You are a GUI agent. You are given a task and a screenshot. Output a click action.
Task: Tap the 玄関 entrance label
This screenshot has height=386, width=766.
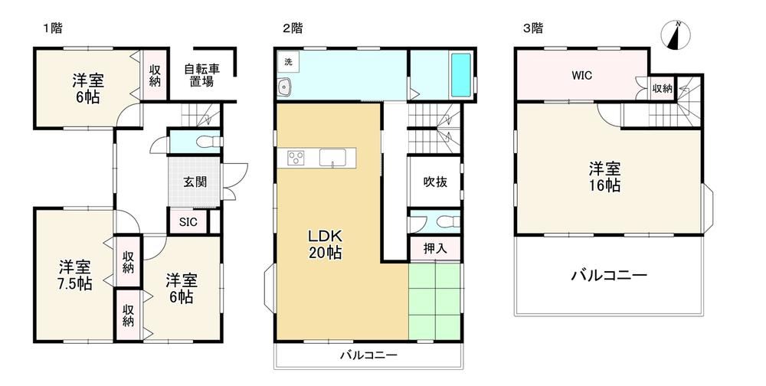(195, 182)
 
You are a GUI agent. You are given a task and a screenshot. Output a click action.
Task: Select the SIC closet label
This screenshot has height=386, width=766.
(188, 222)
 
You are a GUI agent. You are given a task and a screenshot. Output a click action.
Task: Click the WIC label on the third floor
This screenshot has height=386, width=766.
(582, 76)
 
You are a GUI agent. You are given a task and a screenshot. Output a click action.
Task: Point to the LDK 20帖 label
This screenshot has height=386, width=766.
(324, 244)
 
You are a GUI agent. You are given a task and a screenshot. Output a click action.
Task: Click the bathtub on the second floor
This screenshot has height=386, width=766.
(460, 75)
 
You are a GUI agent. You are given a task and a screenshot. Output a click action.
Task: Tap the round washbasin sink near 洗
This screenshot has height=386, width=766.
(284, 87)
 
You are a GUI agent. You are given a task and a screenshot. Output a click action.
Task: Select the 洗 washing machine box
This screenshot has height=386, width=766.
(288, 62)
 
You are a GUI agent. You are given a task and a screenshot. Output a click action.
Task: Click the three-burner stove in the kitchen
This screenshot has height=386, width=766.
(296, 158)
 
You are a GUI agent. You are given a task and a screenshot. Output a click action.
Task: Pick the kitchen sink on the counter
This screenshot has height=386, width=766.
(332, 157)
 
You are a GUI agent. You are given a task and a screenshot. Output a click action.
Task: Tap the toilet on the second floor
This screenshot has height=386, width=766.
(447, 222)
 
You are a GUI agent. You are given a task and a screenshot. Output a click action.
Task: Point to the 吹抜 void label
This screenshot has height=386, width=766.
(435, 182)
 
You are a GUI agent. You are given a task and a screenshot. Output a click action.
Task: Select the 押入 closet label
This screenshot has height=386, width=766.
(435, 249)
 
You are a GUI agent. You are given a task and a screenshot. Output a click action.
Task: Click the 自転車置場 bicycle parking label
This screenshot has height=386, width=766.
(201, 75)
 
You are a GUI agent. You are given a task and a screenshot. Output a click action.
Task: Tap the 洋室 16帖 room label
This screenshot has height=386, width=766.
(604, 178)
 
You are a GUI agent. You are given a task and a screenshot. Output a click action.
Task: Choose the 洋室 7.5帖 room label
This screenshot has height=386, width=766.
(75, 276)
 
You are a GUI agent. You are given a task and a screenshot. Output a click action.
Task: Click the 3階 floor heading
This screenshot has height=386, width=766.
(533, 28)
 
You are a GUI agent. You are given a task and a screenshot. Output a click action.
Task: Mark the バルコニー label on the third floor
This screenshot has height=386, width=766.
(609, 276)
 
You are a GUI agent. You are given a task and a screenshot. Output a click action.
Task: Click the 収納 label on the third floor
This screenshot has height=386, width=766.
(663, 89)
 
